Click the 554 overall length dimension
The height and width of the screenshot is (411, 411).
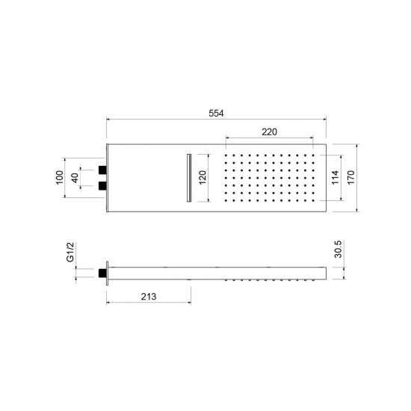217,113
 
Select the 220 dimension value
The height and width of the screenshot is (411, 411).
270,132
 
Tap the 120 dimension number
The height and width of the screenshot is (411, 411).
202,177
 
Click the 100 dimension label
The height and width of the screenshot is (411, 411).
59,177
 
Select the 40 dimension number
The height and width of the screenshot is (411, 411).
74,177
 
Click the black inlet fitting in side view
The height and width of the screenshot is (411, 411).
102,273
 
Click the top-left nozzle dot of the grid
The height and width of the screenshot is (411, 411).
226,156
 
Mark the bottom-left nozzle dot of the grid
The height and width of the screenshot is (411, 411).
226,200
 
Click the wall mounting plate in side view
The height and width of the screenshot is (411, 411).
109,273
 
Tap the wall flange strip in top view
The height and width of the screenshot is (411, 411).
109,177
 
